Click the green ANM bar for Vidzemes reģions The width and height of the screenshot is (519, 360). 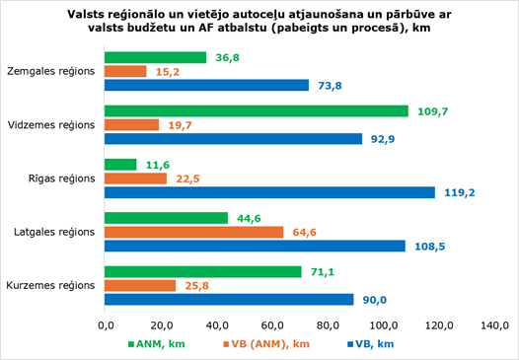[x=257, y=111]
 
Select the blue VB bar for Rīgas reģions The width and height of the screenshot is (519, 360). [x=269, y=192]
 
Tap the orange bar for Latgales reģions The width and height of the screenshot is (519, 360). [x=194, y=233]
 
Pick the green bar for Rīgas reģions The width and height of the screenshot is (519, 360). [x=120, y=165]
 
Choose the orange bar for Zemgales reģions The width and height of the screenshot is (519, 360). [x=125, y=71]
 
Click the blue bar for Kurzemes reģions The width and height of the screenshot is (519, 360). [x=229, y=300]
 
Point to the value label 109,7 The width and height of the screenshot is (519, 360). [x=433, y=111]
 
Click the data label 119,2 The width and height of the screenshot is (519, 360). [x=460, y=192]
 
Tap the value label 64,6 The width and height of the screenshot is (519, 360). [x=305, y=233]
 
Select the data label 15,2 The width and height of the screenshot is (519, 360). [x=168, y=72]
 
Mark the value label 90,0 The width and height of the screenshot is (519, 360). [x=375, y=300]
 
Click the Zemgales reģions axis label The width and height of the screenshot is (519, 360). [x=51, y=71]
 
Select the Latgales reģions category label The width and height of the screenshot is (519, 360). [x=54, y=233]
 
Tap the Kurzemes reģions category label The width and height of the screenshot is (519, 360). [x=50, y=286]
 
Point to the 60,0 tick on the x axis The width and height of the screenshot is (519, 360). [x=273, y=325]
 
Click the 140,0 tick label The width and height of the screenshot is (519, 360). [x=495, y=325]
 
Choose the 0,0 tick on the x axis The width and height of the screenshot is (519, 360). [x=107, y=325]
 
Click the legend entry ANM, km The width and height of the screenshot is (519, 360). [x=157, y=344]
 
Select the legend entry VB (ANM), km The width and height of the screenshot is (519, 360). [x=266, y=344]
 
